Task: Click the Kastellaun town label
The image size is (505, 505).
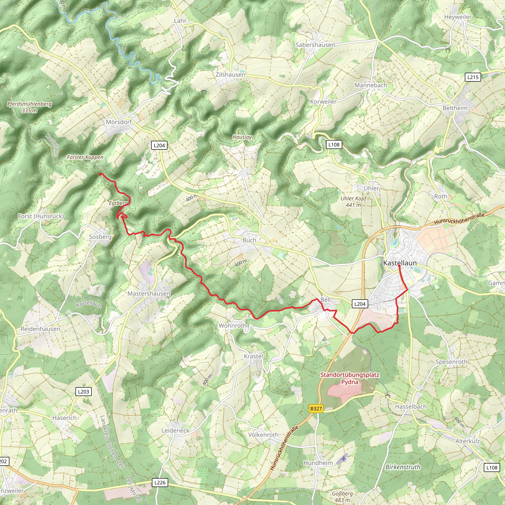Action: pyautogui.click(x=400, y=263)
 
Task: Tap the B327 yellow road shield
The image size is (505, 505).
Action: pyautogui.click(x=316, y=409)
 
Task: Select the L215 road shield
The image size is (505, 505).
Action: pyautogui.click(x=473, y=77)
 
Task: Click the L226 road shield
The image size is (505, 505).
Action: pyautogui.click(x=160, y=483)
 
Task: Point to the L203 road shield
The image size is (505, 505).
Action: pyautogui.click(x=83, y=392)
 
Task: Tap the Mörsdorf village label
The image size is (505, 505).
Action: pyautogui.click(x=119, y=122)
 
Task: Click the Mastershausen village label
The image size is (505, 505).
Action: pyautogui.click(x=149, y=293)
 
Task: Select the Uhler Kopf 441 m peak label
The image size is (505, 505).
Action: pyautogui.click(x=353, y=202)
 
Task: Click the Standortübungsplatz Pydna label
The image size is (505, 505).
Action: pyautogui.click(x=350, y=378)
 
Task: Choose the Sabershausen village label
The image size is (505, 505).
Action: pyautogui.click(x=315, y=45)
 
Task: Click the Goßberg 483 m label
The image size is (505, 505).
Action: pyautogui.click(x=343, y=496)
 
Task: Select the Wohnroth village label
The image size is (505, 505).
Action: pyautogui.click(x=232, y=326)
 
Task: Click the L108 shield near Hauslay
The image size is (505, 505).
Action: pyautogui.click(x=334, y=144)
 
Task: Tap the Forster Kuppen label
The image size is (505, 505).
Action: pyautogui.click(x=85, y=157)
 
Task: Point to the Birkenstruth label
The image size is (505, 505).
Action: pyautogui.click(x=403, y=467)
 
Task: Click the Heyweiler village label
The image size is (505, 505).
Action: pyautogui.click(x=458, y=17)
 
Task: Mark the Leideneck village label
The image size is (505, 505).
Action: pyautogui.click(x=175, y=431)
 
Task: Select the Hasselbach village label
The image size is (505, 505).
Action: pyautogui.click(x=411, y=406)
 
